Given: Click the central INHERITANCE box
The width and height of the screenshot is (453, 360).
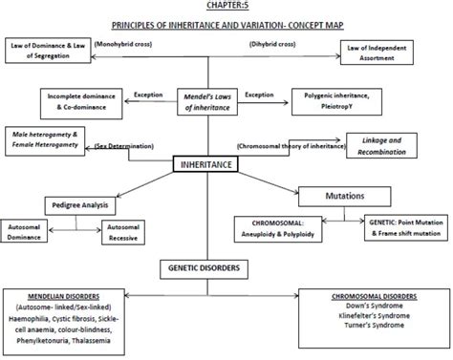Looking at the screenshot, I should click(x=207, y=165).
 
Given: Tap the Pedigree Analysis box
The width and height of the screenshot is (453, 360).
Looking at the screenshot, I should click(x=80, y=204).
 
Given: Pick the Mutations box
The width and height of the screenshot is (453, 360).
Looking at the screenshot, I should click(x=350, y=195).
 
